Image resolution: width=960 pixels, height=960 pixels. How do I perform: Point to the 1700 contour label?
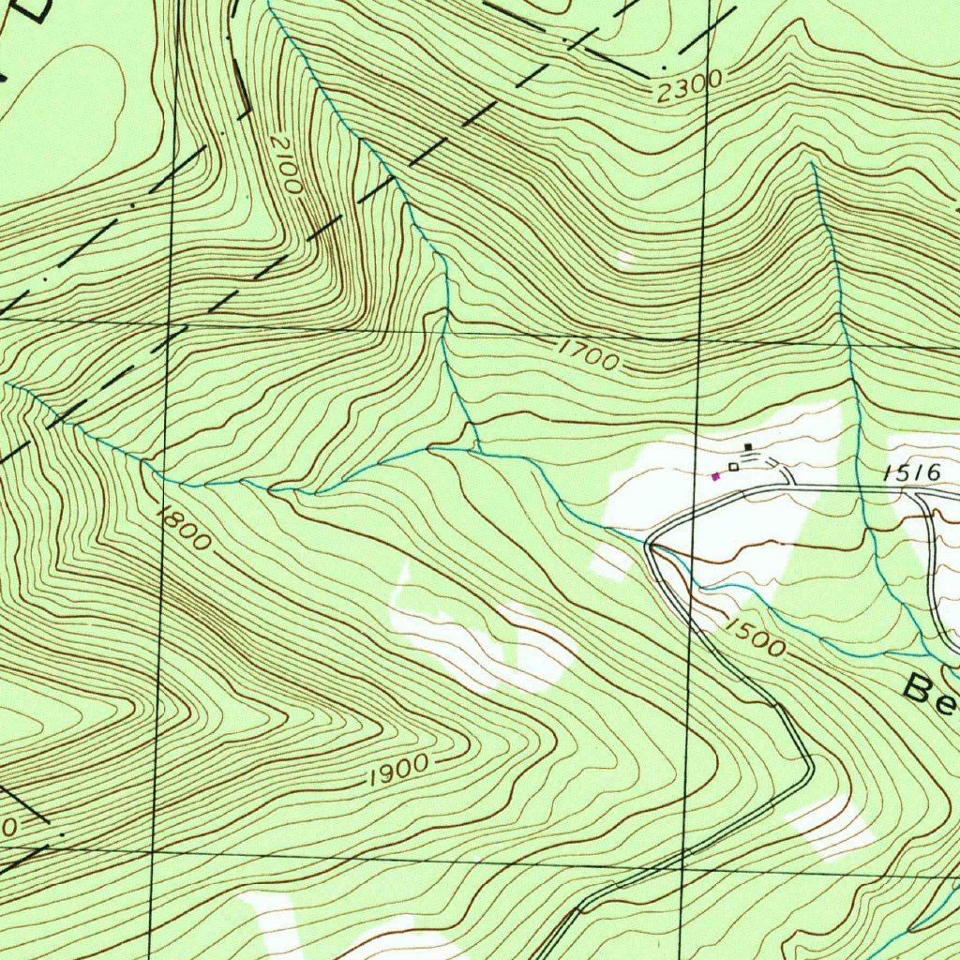pyautogui.click(x=589, y=355)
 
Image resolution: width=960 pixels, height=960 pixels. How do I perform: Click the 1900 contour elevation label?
pyautogui.click(x=398, y=770)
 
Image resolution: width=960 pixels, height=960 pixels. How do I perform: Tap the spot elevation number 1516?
pyautogui.click(x=911, y=473)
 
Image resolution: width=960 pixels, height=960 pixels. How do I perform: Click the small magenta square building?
pyautogui.click(x=716, y=476)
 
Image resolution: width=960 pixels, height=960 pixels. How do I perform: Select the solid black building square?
pyautogui.click(x=747, y=447)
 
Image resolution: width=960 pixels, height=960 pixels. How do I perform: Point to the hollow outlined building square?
pyautogui.click(x=733, y=467)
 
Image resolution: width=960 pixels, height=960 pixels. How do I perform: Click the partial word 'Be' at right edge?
pyautogui.click(x=928, y=691)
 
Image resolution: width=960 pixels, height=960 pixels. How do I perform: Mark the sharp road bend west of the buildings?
pyautogui.click(x=650, y=545)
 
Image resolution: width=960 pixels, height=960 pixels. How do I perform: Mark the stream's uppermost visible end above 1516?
pyautogui.click(x=812, y=163)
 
